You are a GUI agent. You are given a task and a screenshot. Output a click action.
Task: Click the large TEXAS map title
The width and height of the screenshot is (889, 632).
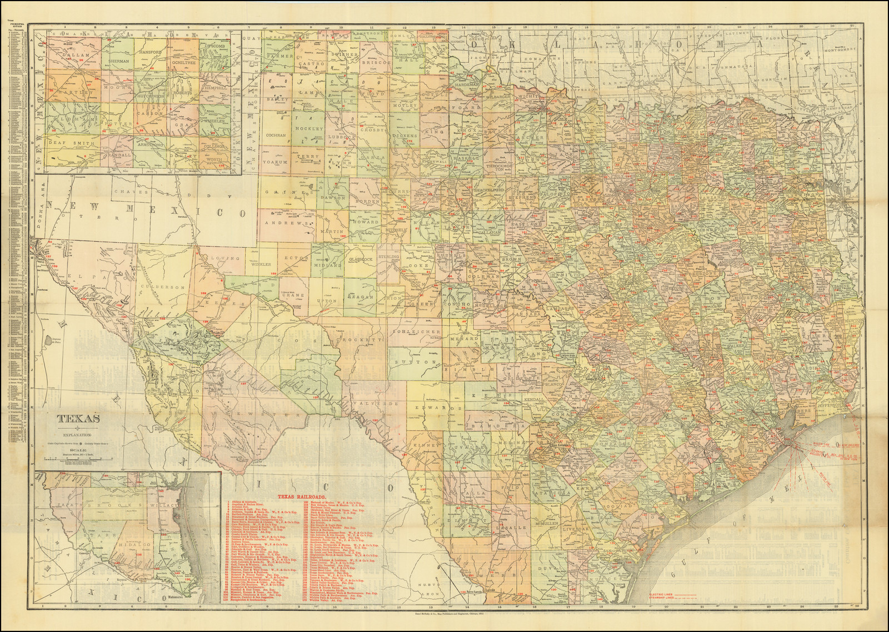[80, 418]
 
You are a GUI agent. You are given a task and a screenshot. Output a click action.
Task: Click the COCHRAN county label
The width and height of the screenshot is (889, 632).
[276, 135]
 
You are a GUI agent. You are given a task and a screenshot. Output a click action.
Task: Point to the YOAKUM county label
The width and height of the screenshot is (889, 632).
[276, 162]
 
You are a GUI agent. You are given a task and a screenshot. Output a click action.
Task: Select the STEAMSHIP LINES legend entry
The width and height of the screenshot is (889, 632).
[663, 598]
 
